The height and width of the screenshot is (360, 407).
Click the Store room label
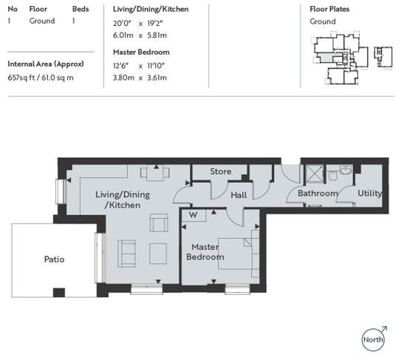pos(220,171)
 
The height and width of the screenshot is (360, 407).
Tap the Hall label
pos(239,195)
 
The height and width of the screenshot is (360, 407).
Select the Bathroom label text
pos(318,194)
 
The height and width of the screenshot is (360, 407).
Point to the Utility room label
pos(369,193)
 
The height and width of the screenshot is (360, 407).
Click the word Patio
pos(54,259)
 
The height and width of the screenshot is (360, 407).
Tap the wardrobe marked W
pos(194,216)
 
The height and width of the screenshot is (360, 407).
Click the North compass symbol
pos(374,339)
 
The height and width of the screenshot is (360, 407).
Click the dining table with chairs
pos(157,174)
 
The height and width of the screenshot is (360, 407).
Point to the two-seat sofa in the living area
pos(127,254)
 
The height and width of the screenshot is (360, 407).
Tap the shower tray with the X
pos(313,174)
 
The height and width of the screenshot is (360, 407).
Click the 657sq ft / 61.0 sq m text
pos(41,78)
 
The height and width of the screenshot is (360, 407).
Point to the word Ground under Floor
pos(41,21)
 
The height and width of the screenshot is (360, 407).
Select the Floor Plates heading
pos(329,9)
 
